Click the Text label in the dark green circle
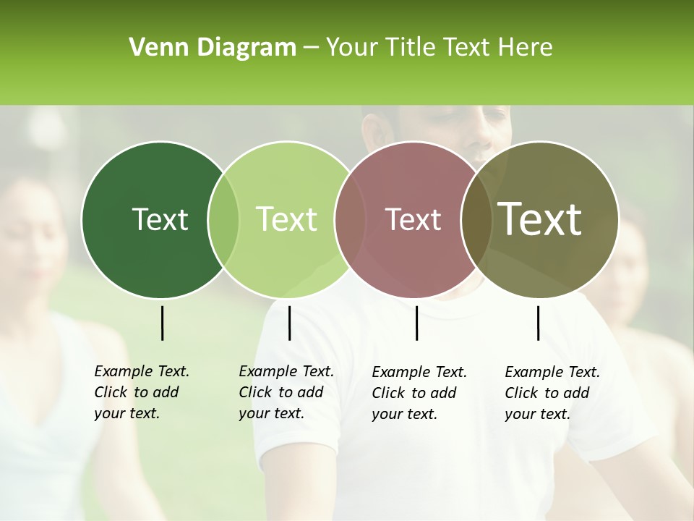coord(160,219)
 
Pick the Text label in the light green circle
coord(287,219)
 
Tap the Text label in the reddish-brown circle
coord(414,219)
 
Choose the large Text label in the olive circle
coord(540,219)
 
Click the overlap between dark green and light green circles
coord(223,219)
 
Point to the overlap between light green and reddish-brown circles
coord(350,219)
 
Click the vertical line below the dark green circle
coord(162,323)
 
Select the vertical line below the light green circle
coord(289,323)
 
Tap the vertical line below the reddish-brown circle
coord(416,323)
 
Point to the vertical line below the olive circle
coord(538,323)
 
